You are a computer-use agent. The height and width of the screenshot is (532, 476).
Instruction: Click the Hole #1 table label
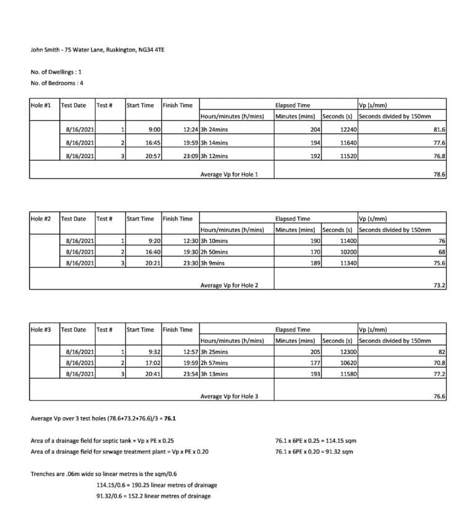click(41, 105)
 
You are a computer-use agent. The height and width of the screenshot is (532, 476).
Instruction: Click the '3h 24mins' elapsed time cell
click(214, 130)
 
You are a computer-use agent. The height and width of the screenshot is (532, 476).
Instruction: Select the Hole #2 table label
click(41, 218)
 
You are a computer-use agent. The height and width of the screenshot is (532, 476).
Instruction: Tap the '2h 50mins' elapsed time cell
click(214, 252)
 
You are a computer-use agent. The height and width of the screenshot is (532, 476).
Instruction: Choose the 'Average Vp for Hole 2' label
click(229, 285)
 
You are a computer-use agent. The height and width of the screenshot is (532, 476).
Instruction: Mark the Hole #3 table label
click(41, 330)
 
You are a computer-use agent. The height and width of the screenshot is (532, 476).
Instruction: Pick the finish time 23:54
click(190, 374)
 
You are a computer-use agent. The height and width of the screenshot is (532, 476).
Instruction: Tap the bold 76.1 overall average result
click(171, 419)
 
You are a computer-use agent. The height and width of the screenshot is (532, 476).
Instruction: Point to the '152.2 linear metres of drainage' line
click(153, 496)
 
